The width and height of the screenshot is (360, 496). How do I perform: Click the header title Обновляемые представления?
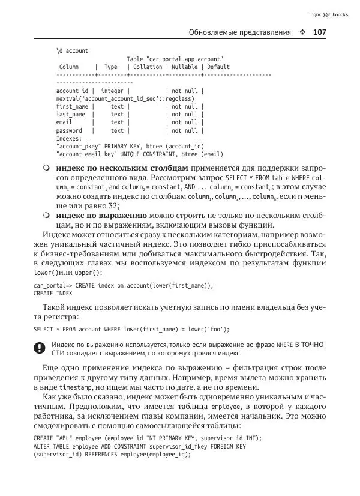tap(239, 32)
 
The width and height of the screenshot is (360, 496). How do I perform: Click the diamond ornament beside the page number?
tap(302, 32)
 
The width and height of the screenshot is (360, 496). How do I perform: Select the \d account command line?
tap(71, 51)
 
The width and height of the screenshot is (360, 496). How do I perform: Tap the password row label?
tap(69, 130)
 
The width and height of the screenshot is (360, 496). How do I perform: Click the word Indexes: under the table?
tap(68, 138)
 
